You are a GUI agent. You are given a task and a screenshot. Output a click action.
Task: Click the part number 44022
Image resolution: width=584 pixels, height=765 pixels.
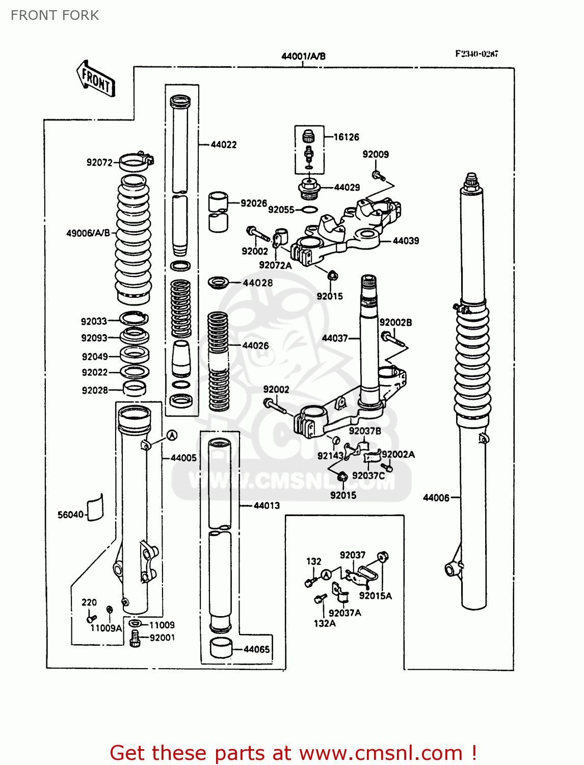(x=224, y=145)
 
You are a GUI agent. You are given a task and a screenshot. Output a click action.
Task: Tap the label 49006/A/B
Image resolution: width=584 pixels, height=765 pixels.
(x=88, y=233)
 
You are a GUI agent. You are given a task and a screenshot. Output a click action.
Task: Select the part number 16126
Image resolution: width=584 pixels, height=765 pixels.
(x=346, y=137)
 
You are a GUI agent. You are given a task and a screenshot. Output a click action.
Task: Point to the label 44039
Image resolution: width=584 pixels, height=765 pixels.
(x=406, y=241)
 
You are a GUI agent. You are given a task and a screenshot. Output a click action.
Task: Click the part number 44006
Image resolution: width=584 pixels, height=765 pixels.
(x=436, y=498)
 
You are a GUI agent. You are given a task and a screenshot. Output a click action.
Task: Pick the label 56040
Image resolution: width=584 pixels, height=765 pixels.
(x=70, y=515)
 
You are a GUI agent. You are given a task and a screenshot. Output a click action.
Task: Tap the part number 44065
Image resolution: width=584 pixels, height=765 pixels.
(x=256, y=649)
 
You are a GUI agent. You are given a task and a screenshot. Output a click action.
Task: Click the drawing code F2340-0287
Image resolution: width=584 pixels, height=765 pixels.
(x=476, y=54)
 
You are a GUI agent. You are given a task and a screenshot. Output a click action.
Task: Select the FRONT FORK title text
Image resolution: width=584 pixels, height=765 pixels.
(x=55, y=15)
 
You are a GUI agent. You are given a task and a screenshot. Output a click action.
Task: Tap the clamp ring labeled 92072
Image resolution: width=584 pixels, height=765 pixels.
(x=136, y=162)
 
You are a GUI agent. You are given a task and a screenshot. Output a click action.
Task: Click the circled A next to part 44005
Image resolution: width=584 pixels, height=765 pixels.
(x=172, y=435)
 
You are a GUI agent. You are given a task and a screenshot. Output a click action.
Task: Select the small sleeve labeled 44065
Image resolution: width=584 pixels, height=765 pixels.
(x=221, y=648)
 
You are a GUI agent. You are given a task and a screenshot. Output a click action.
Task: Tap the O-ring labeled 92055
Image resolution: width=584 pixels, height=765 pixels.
(x=309, y=210)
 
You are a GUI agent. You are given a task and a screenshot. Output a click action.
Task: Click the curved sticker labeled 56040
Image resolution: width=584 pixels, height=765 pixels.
(x=95, y=508)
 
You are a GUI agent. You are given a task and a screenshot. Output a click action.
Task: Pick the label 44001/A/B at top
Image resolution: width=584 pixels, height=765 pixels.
(x=303, y=56)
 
